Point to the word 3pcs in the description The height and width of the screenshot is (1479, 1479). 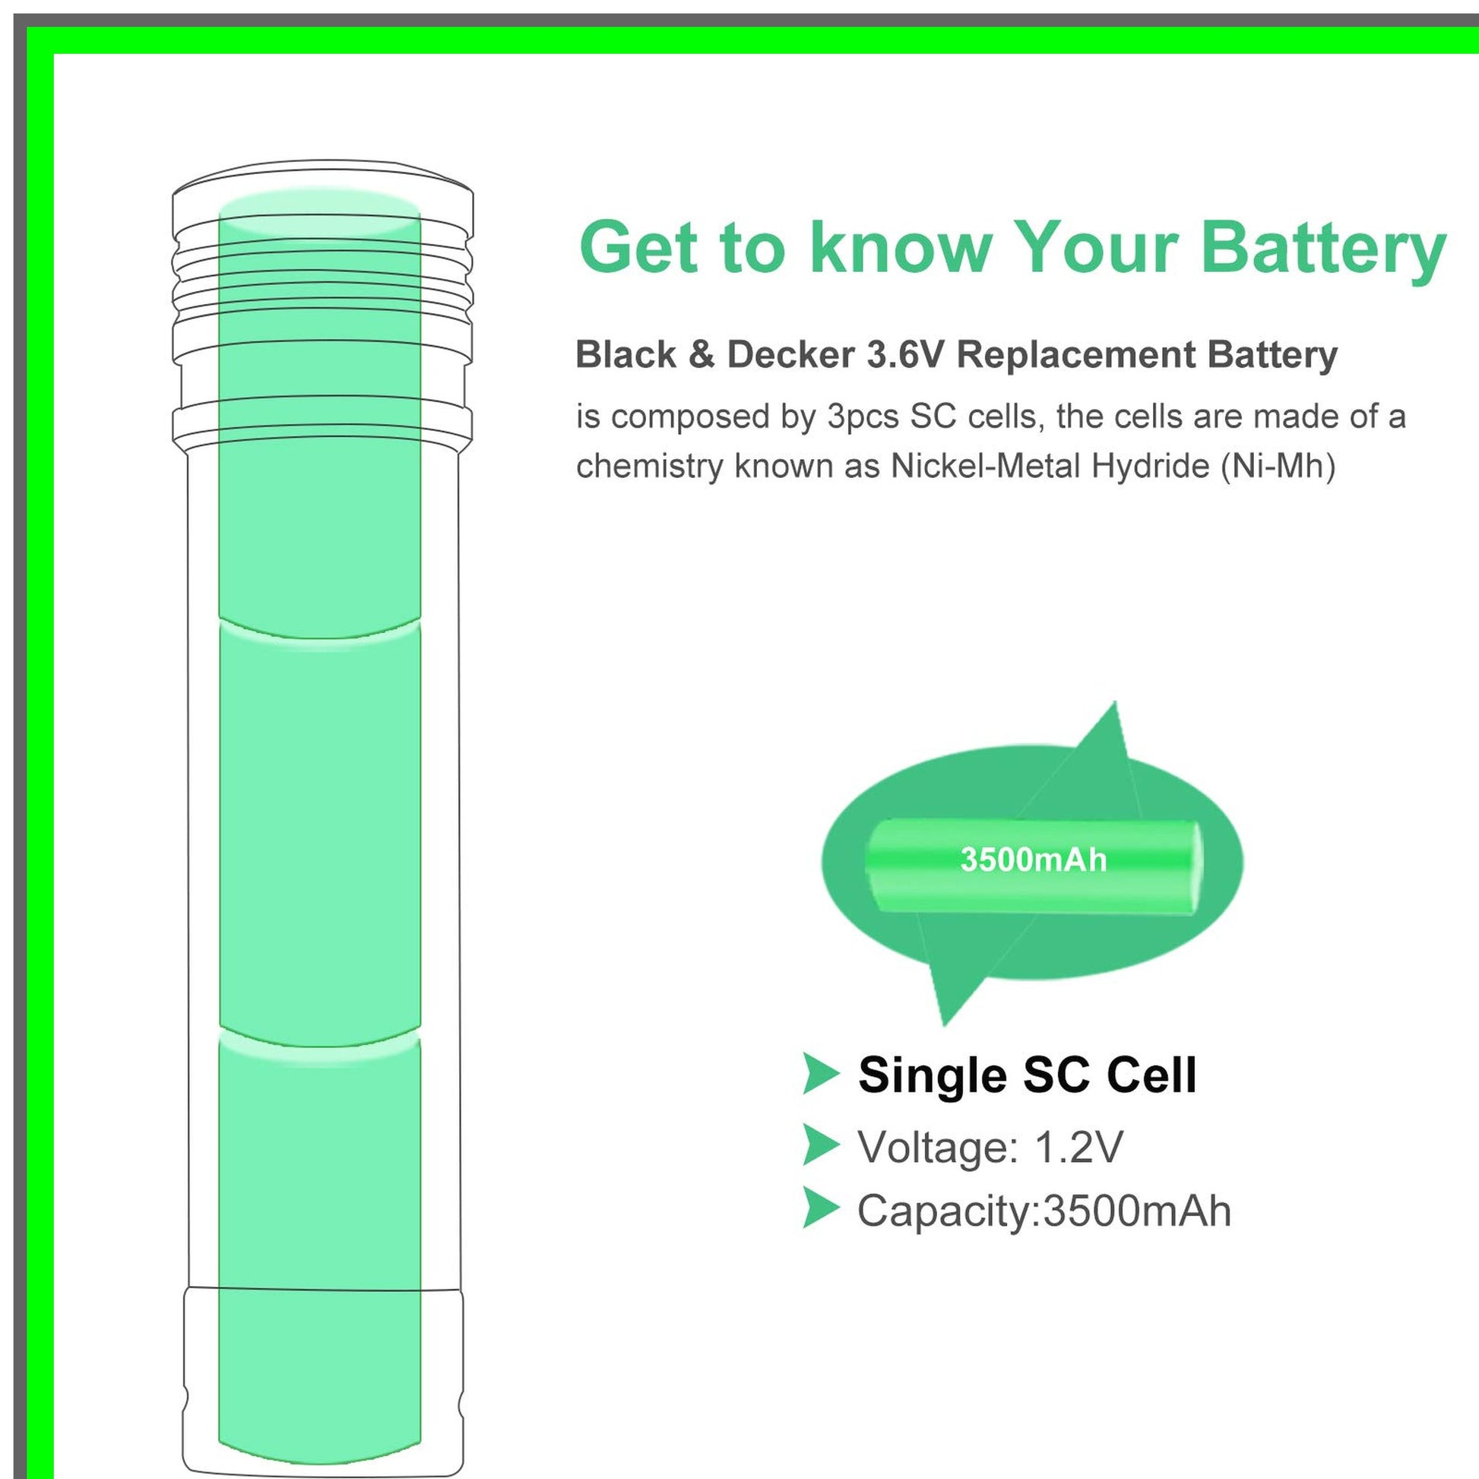(x=861, y=417)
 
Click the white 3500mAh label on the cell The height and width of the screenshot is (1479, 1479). (x=1034, y=860)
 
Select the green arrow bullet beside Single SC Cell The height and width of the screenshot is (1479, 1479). (x=820, y=1074)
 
